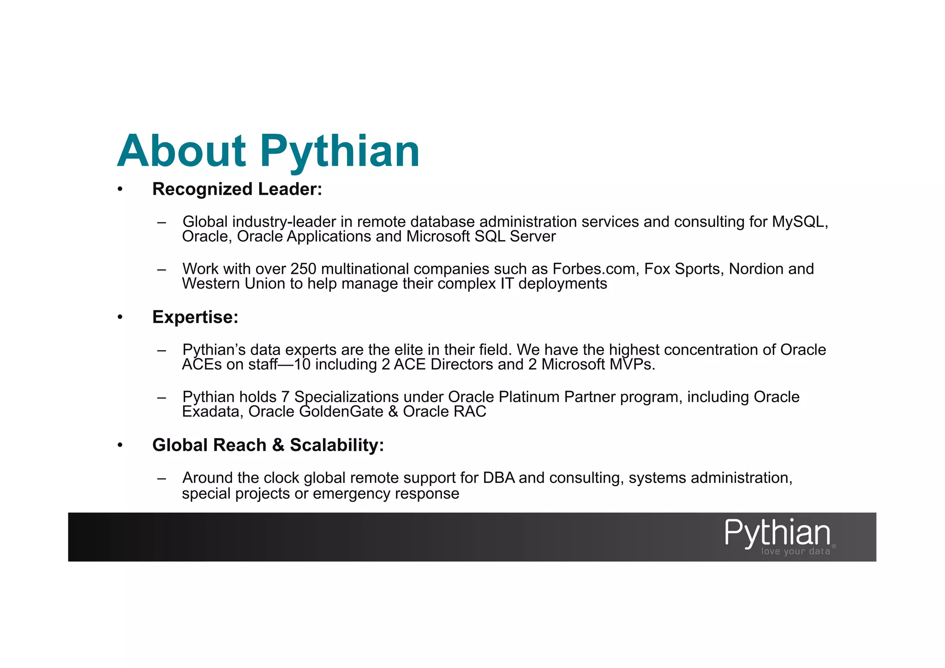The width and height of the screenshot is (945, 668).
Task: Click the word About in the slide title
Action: click(x=182, y=151)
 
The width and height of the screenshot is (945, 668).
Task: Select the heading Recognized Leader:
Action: click(x=237, y=189)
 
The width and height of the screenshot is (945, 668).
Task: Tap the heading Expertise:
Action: click(x=195, y=317)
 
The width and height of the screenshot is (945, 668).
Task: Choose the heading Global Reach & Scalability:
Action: click(x=268, y=445)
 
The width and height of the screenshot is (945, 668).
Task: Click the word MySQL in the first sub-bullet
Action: click(x=800, y=222)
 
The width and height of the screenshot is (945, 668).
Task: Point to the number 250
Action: click(x=303, y=269)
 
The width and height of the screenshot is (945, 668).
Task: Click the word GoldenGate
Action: click(x=341, y=411)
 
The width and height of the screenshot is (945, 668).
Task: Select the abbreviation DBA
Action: click(x=498, y=478)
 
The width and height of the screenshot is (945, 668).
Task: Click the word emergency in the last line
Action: click(x=351, y=493)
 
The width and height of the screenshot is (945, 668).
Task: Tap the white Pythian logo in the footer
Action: click(x=777, y=533)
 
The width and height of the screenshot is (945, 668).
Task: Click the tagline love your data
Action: click(x=795, y=551)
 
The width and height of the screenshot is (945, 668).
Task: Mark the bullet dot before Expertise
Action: click(x=120, y=317)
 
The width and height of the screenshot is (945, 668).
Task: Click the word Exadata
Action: click(x=212, y=411)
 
